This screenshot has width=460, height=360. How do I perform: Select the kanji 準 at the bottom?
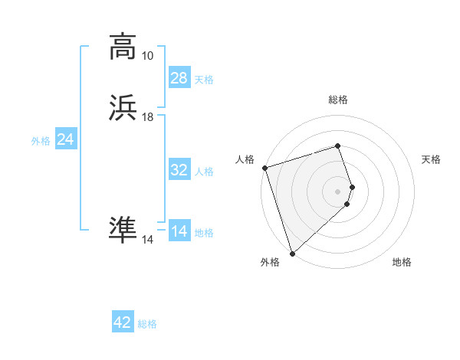(123, 231)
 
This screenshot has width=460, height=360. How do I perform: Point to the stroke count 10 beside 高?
(147, 55)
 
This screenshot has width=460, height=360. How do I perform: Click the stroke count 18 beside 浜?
(147, 117)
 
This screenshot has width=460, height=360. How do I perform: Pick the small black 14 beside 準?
(147, 240)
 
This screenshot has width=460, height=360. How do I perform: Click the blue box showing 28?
(179, 78)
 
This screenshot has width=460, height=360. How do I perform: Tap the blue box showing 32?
(179, 170)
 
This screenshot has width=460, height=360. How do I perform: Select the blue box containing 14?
(179, 231)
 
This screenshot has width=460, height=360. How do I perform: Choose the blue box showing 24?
(66, 139)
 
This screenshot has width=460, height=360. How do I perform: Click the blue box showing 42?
(123, 322)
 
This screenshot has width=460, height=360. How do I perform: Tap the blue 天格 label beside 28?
(204, 79)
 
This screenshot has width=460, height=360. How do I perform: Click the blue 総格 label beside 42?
(147, 324)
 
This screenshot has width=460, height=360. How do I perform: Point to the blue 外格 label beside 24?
(41, 141)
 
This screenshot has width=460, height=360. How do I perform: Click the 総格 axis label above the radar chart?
(338, 100)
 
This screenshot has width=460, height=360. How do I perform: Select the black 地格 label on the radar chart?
(402, 263)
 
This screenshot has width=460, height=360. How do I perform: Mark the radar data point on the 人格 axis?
(264, 168)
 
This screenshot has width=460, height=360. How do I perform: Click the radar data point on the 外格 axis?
(292, 253)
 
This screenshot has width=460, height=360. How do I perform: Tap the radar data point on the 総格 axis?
(338, 146)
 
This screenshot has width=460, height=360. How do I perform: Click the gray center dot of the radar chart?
(338, 191)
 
